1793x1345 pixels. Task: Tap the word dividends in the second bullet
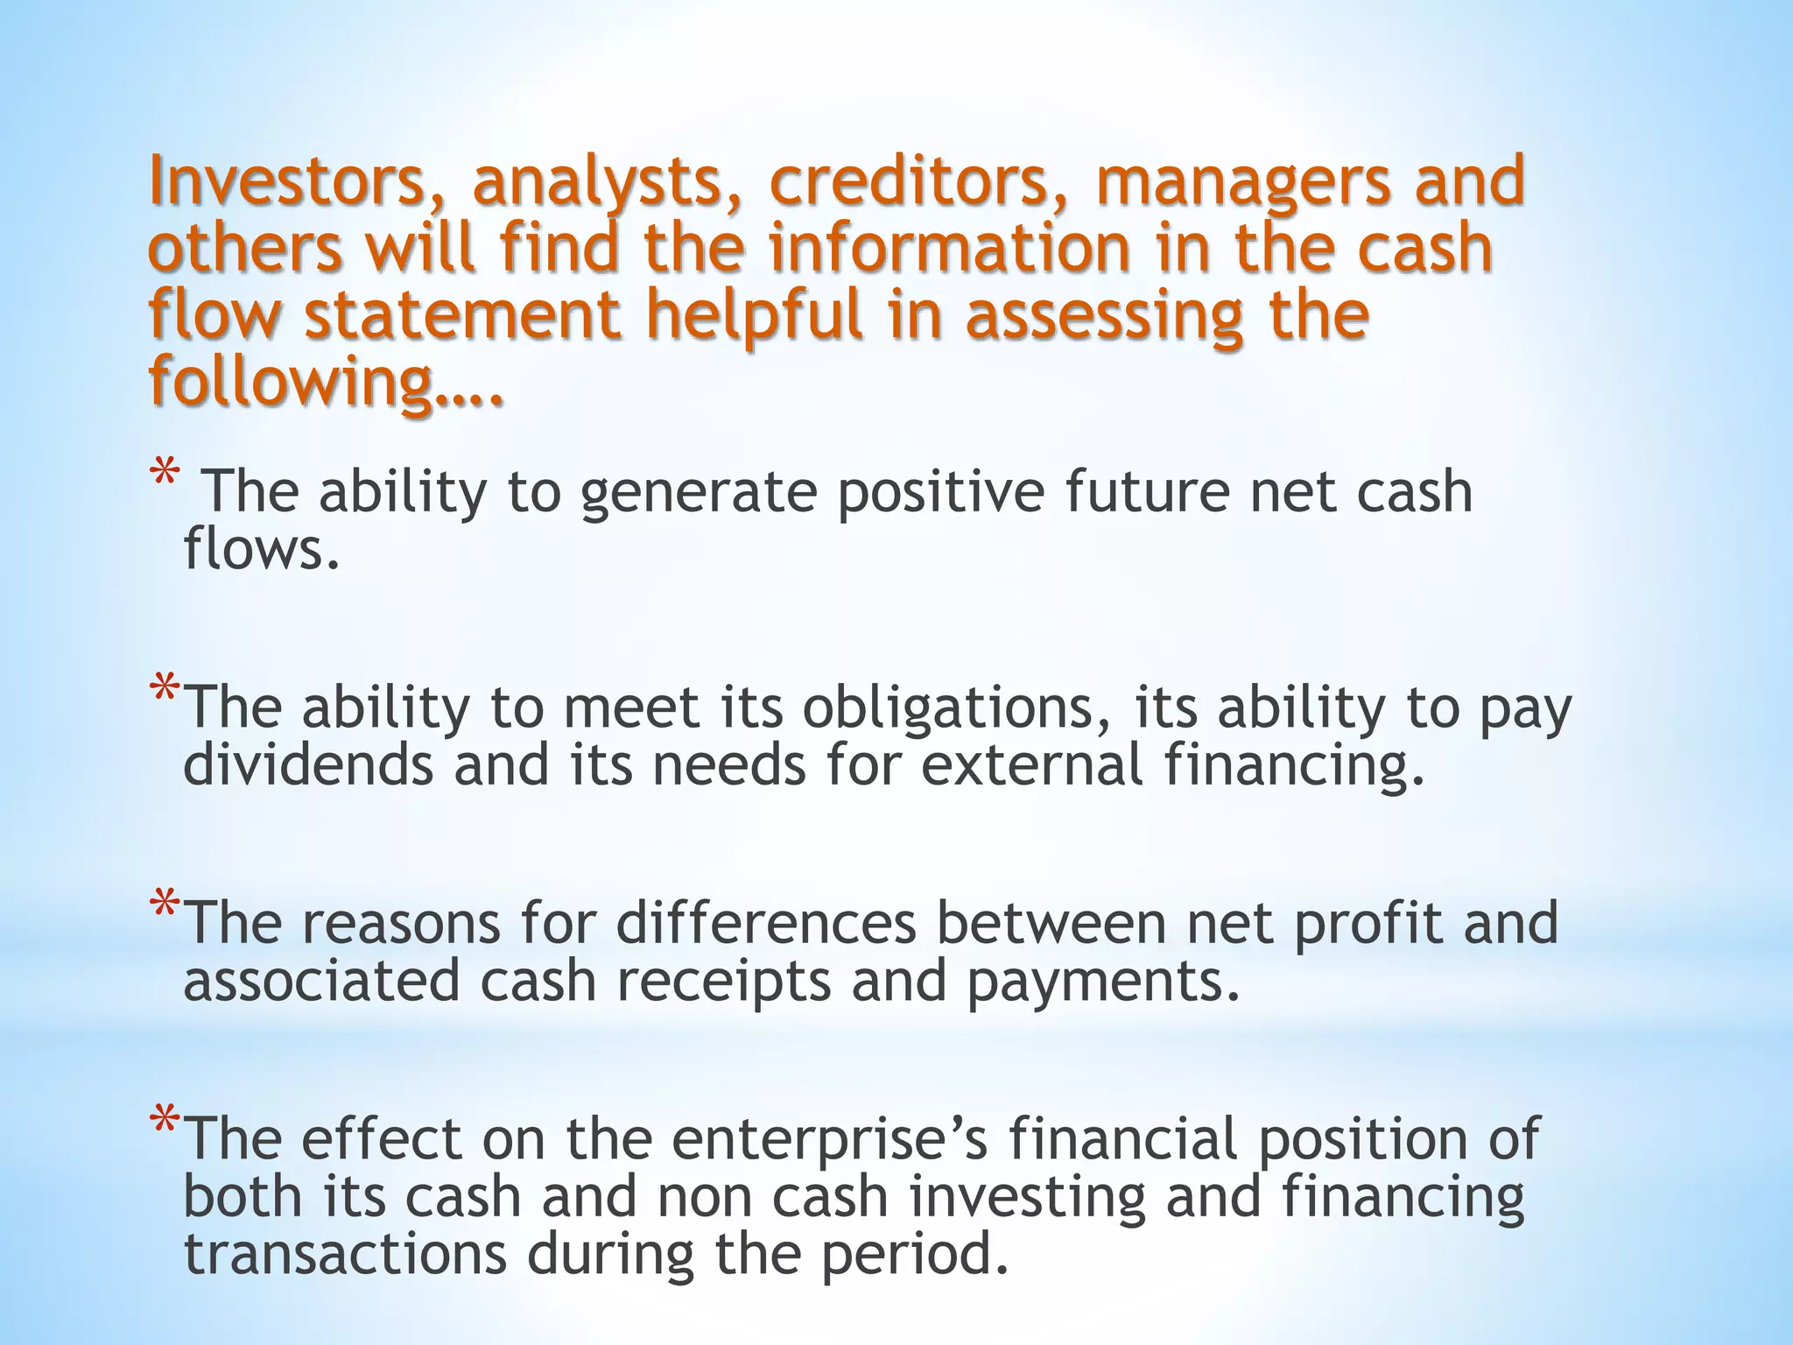click(308, 765)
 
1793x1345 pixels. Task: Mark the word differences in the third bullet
click(766, 925)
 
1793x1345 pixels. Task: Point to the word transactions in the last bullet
click(345, 1254)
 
